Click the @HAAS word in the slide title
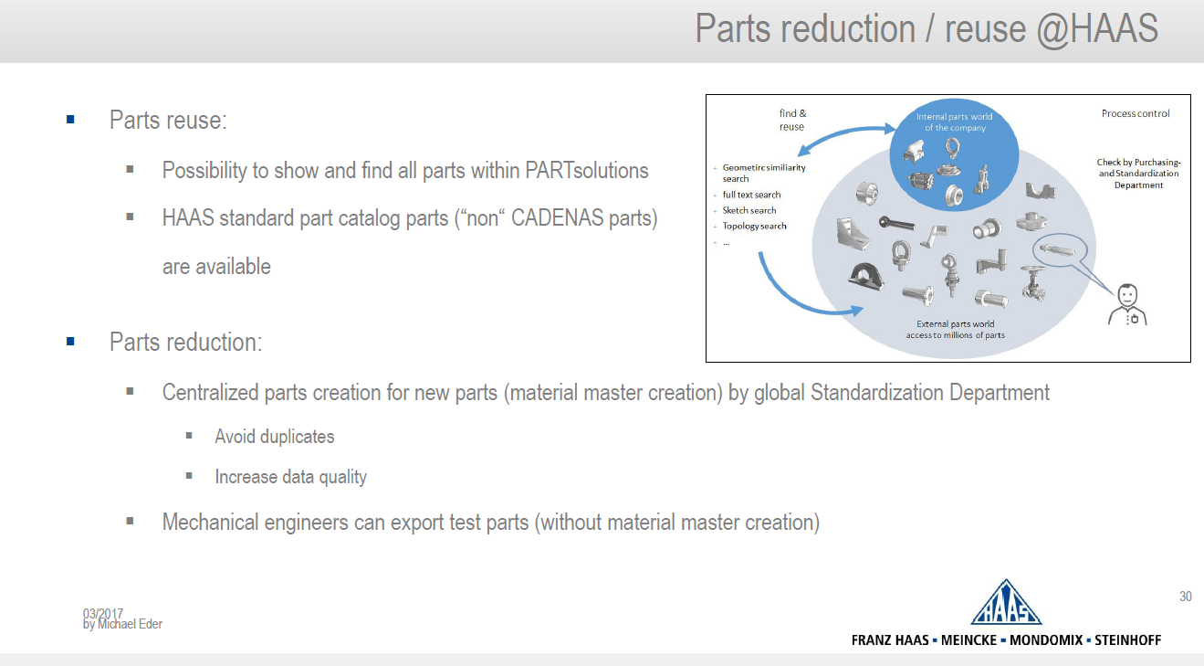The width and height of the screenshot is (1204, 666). coord(1097,29)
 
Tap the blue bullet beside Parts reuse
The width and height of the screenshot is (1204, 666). coord(70,120)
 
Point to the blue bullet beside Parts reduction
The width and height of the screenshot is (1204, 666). coord(70,342)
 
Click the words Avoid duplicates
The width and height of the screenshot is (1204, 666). coord(274,437)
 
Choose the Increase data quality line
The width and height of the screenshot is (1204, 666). coord(290,477)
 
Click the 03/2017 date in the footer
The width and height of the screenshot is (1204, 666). coord(102,613)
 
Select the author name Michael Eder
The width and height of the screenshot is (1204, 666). coord(130,624)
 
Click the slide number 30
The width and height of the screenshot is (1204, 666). coord(1186,596)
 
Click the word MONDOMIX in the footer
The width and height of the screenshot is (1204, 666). coord(1046,640)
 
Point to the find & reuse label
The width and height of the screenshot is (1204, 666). coord(792,120)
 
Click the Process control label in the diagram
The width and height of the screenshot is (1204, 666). coord(1136,113)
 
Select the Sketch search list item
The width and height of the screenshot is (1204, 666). coord(749,210)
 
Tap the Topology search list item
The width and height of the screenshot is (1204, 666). coord(754,226)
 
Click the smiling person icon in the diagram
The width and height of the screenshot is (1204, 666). coord(1127,304)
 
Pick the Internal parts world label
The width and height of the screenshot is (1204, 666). coord(955,122)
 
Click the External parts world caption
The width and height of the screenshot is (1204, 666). coord(955,329)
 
